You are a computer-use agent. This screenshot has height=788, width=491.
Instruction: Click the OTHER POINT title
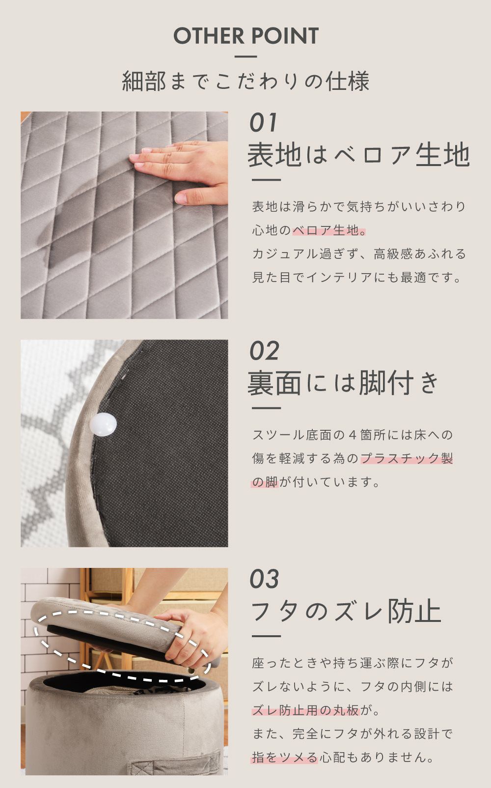tap(246, 35)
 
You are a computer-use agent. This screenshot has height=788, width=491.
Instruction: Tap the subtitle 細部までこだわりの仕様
tap(245, 81)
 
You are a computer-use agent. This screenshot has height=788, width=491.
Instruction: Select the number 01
tap(264, 123)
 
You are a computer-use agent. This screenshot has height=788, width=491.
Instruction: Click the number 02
tap(264, 351)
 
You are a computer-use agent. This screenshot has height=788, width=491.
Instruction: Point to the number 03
tap(264, 579)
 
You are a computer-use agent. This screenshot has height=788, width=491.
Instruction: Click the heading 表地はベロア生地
tap(358, 154)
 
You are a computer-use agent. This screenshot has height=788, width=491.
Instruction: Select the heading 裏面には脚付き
tap(343, 383)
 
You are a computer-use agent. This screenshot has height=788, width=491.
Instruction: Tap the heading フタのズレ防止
tap(346, 611)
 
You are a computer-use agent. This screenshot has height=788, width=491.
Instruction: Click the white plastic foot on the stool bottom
tap(103, 424)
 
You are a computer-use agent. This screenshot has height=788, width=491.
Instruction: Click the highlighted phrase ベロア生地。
tap(329, 230)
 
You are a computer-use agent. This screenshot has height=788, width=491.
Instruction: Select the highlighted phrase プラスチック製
tap(407, 458)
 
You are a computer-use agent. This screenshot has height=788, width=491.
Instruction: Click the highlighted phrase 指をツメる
tap(285, 758)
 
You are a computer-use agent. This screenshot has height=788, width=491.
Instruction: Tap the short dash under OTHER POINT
tap(246, 56)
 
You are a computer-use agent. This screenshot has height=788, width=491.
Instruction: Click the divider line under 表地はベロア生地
tap(266, 180)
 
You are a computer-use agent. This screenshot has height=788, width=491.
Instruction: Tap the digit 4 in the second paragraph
tap(353, 435)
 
